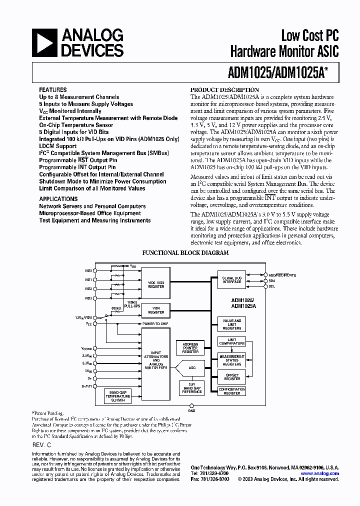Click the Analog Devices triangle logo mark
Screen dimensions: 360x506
[x=44, y=42]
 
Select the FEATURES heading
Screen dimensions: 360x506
[x=53, y=90]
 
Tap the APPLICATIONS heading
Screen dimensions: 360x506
[x=58, y=199]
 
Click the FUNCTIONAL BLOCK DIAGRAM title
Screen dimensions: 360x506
[x=185, y=253]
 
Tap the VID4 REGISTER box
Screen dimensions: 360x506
[x=156, y=310]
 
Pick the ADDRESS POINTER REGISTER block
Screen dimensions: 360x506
[x=190, y=347]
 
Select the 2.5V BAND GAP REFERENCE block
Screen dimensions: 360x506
[x=192, y=387]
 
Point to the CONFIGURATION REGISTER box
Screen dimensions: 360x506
[x=232, y=391]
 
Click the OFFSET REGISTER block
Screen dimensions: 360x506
[x=232, y=376]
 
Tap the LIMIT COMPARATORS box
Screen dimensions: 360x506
[x=232, y=341]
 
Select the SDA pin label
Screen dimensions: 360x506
[x=272, y=280]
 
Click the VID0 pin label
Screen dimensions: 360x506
[x=88, y=270]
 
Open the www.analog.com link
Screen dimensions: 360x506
[x=320, y=473]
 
